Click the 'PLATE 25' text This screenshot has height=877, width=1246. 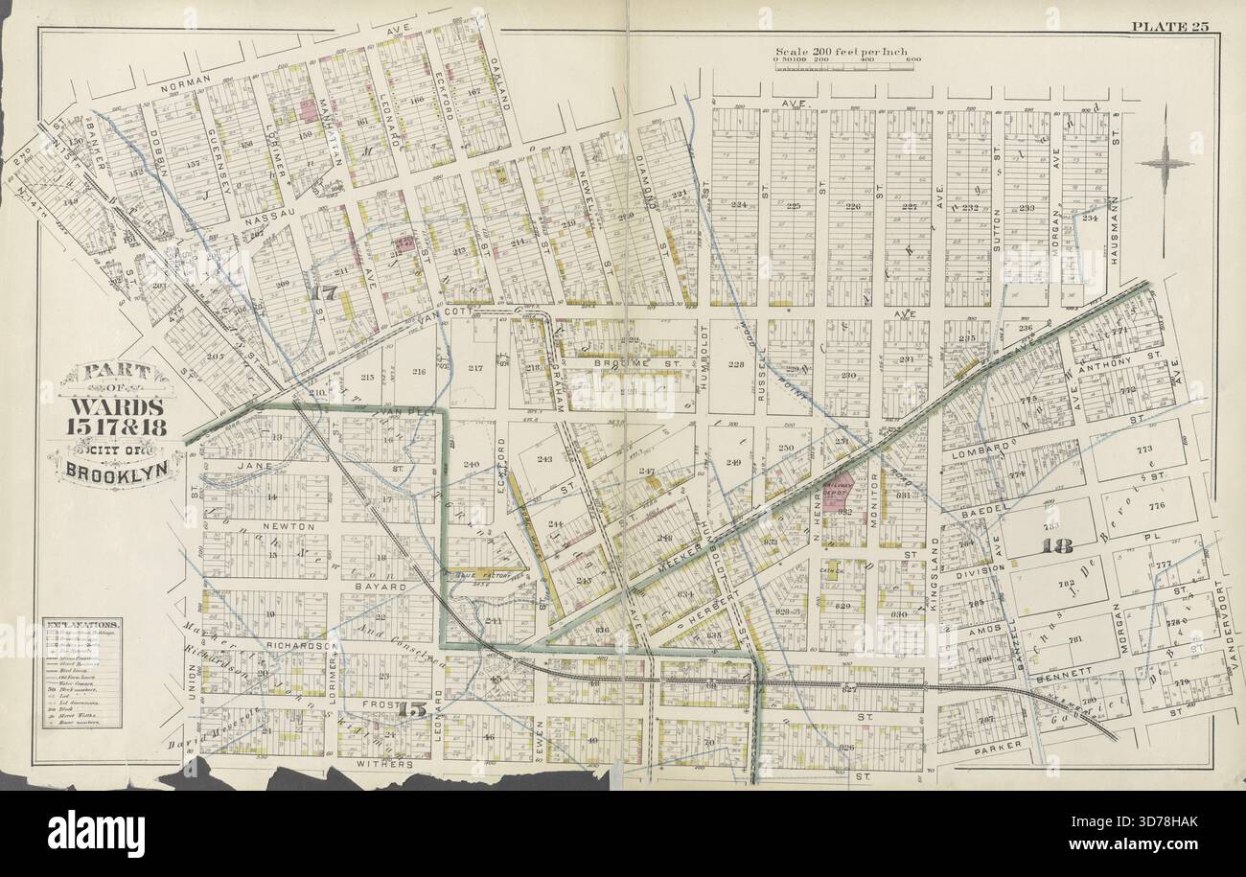click(1170, 26)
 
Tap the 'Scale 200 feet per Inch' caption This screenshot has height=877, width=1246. click(842, 52)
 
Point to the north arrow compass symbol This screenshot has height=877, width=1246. click(1165, 162)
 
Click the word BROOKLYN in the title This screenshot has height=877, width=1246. click(112, 470)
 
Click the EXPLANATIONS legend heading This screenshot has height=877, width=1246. click(81, 624)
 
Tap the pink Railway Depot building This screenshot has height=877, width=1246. click(840, 489)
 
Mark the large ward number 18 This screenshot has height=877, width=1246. click(1059, 547)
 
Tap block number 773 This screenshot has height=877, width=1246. click(1143, 450)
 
